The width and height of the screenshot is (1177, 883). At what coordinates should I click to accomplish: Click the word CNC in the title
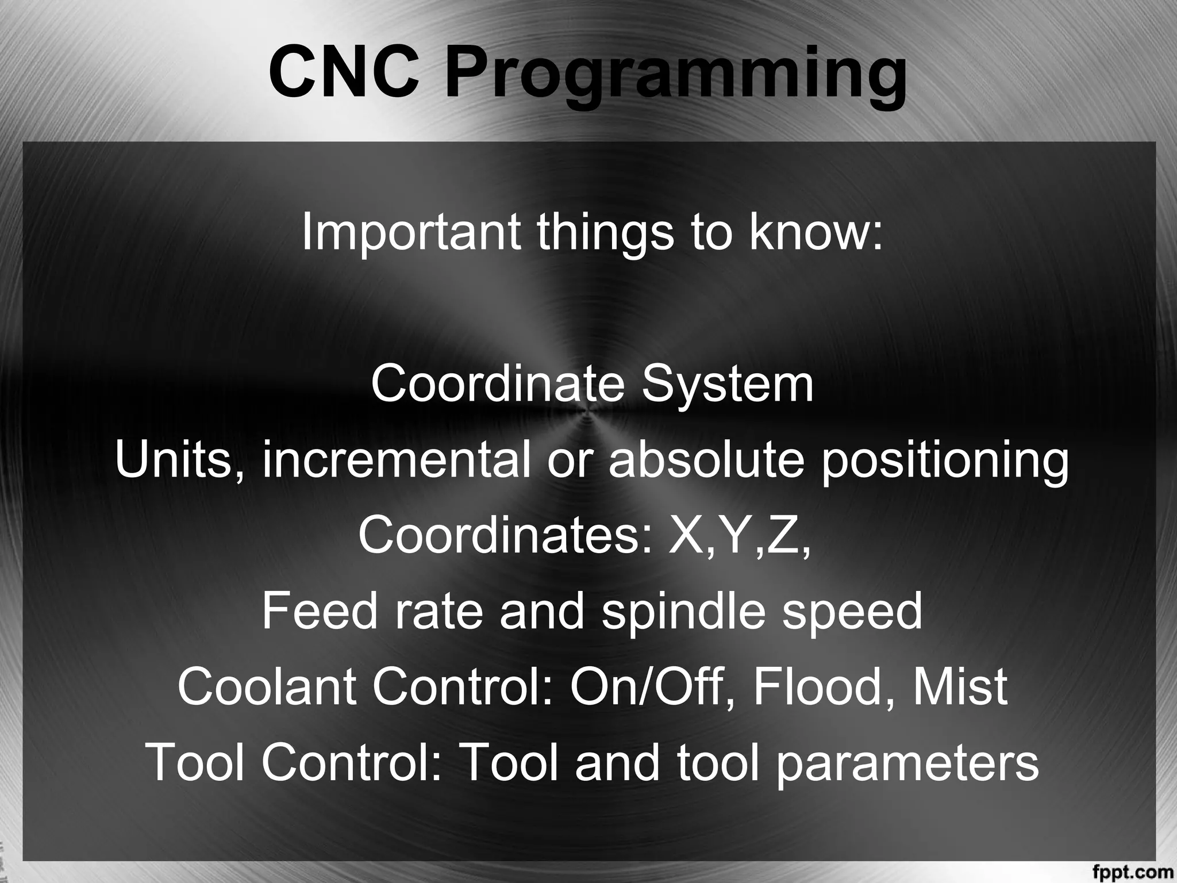coord(343,73)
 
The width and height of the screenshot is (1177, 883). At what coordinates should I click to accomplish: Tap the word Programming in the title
coord(675,78)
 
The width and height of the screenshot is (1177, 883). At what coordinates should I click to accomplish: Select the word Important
coord(411,232)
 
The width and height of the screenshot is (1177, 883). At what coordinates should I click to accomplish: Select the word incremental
coord(396,460)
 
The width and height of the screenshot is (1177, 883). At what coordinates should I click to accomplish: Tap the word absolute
coord(705,460)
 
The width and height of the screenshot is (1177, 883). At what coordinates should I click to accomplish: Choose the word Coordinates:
coord(506,535)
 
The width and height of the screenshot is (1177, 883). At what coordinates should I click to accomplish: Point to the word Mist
coord(959,687)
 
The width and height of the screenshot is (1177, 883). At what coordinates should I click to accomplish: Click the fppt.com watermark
coord(1141,872)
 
